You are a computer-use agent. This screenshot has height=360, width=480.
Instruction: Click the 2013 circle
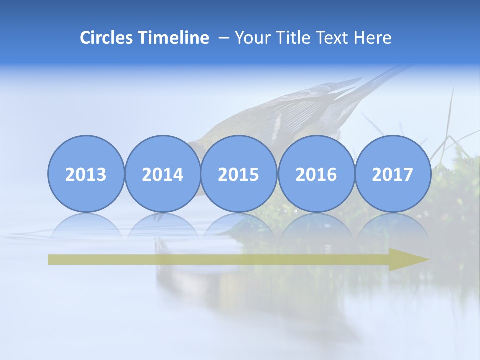[86, 174]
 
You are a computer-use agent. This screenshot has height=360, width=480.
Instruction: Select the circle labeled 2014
[162, 174]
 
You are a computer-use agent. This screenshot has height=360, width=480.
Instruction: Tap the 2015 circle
[239, 174]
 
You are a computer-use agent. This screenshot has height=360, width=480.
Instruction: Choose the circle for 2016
[316, 174]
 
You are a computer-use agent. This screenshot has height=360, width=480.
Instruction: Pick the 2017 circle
[392, 174]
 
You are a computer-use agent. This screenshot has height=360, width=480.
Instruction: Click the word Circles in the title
[106, 38]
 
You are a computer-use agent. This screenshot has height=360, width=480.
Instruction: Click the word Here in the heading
[374, 38]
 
